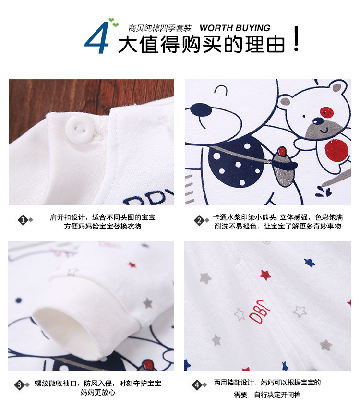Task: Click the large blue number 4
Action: coord(96,38)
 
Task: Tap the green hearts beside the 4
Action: coord(113,23)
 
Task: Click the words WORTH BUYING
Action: coord(235,28)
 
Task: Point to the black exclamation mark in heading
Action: coord(296,38)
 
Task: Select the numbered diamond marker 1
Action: coord(23,220)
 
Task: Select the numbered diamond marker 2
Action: coord(199,221)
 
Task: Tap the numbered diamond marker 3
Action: coord(20,384)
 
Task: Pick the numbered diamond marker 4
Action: coord(197,385)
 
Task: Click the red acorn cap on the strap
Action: coord(282,151)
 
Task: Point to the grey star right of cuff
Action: coord(147,303)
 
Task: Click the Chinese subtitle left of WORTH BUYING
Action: coord(160,28)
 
